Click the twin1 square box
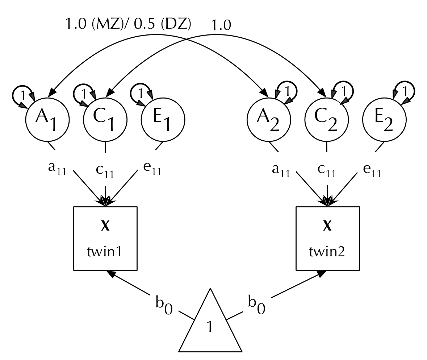tap(105, 238)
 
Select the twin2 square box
tap(327, 238)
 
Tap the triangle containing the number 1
tap(210, 324)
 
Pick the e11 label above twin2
tap(371, 170)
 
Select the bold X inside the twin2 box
tap(327, 227)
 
